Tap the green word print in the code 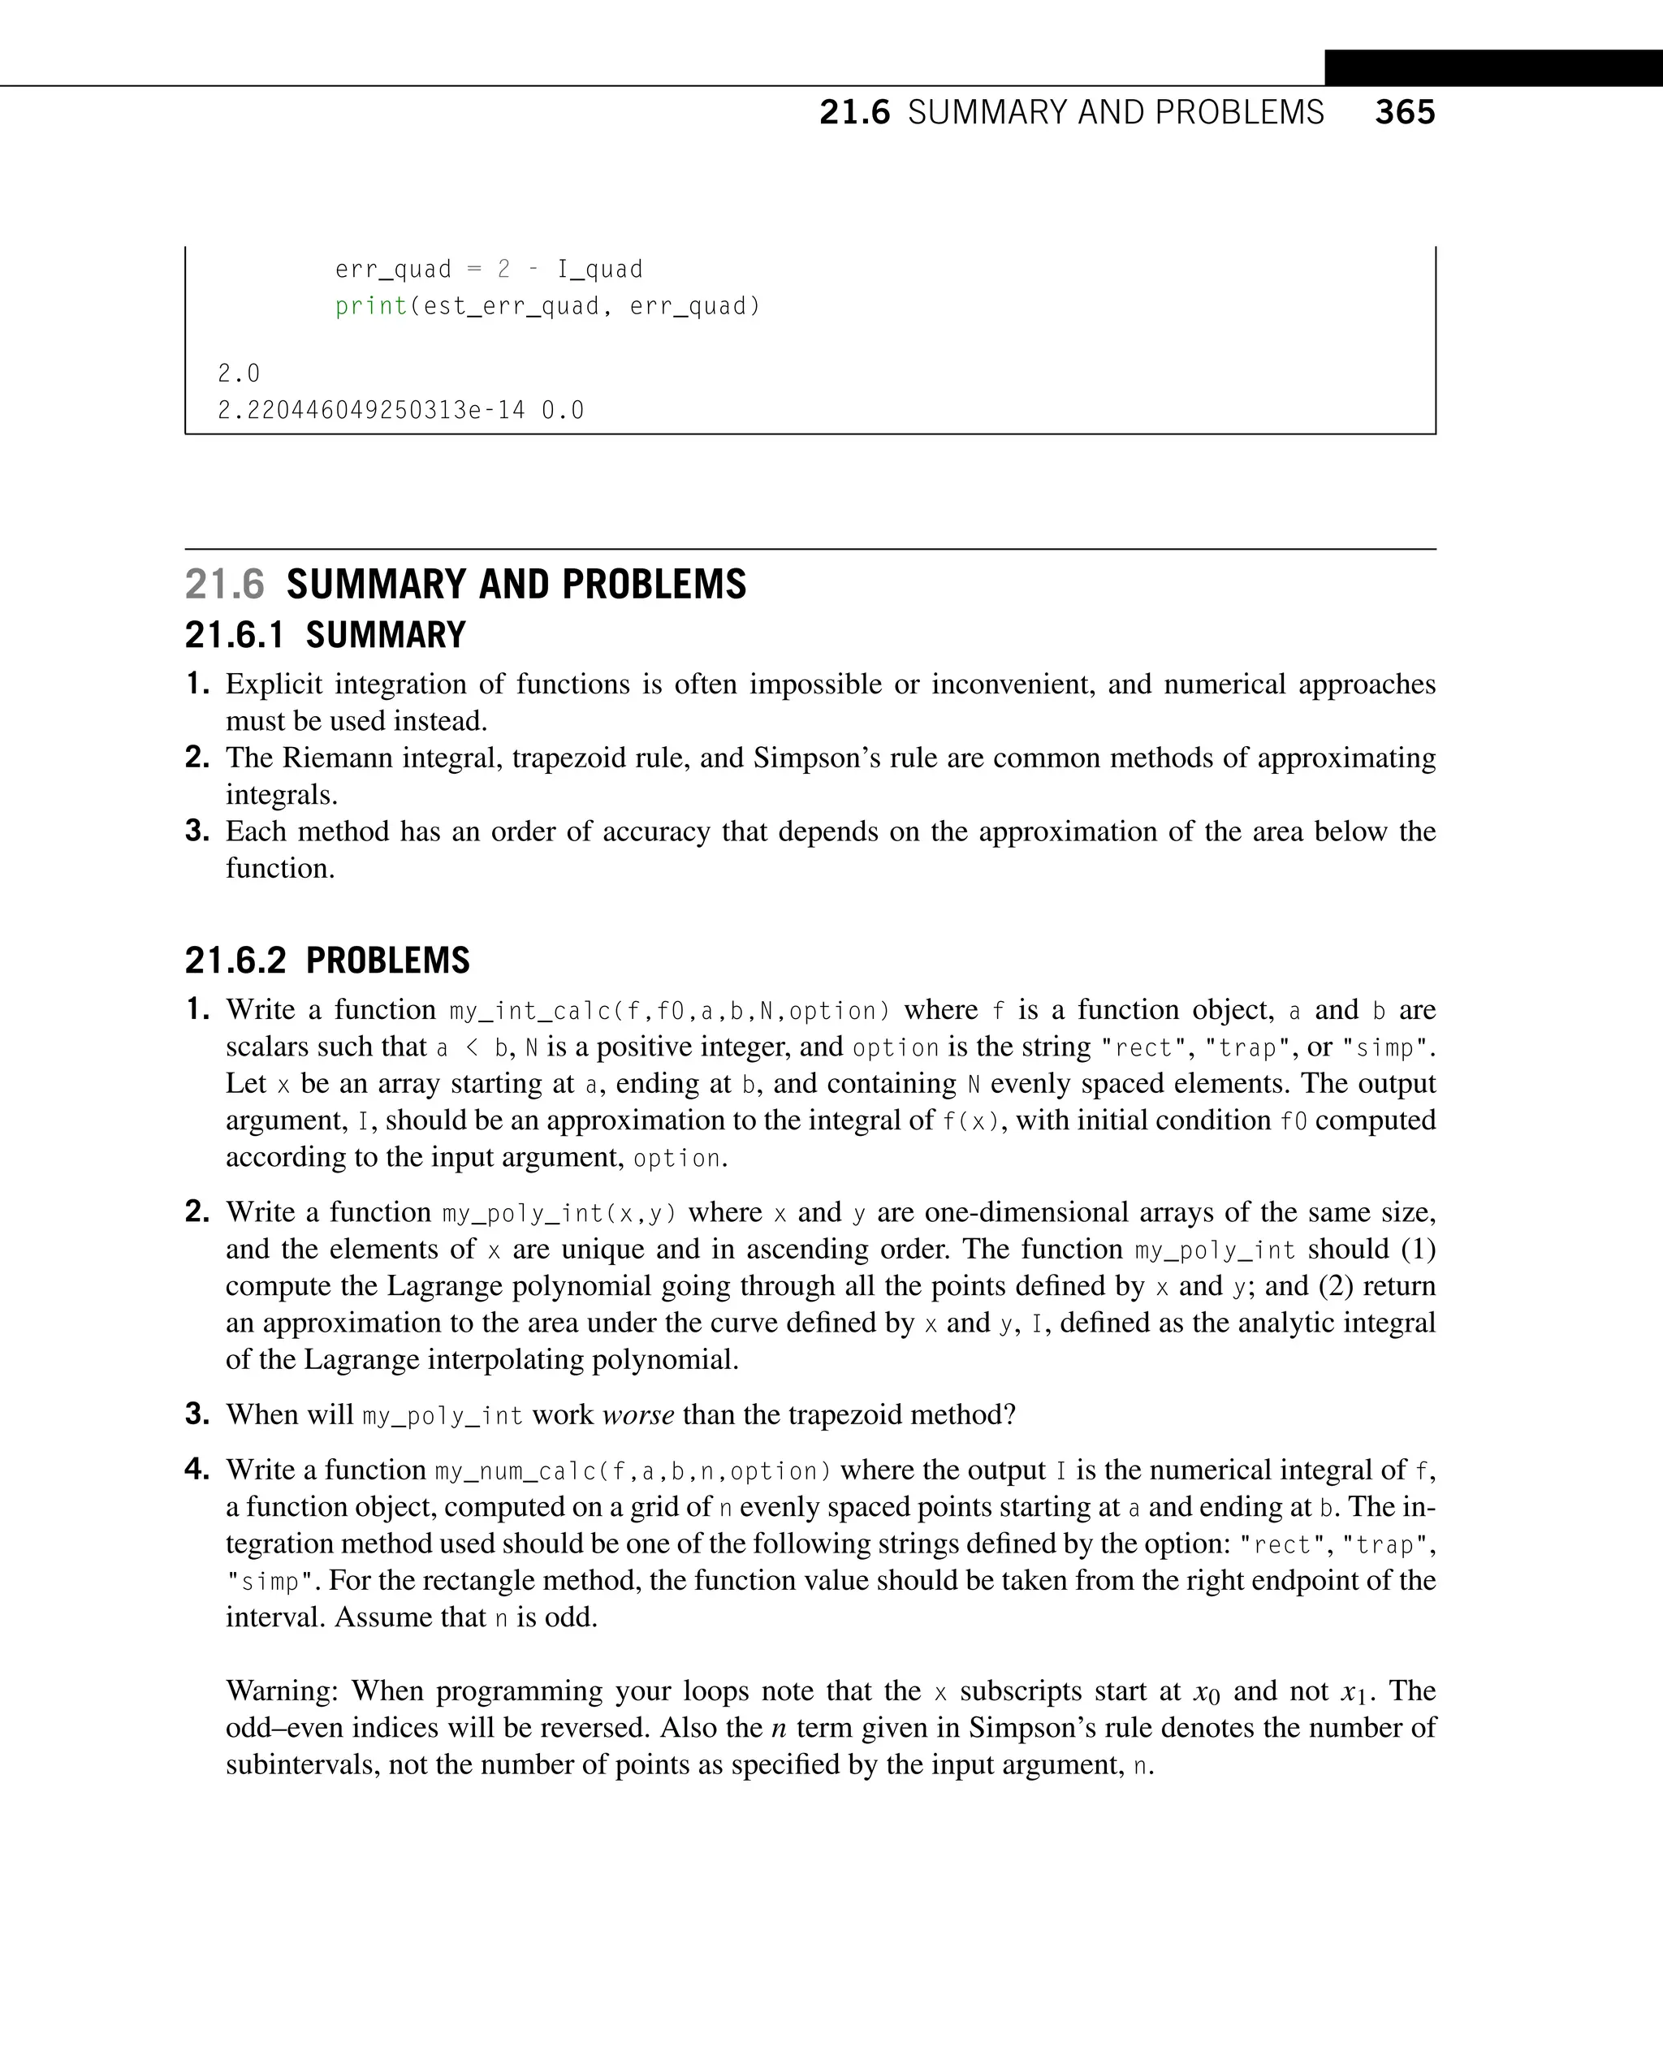(372, 307)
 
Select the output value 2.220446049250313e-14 (372, 411)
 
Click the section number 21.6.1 (234, 635)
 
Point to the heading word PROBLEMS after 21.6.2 (388, 961)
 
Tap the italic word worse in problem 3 (638, 1415)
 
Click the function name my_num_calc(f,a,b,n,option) (633, 1470)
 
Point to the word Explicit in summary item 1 (274, 684)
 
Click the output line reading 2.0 (239, 373)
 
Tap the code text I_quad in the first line (600, 270)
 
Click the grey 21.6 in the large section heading (224, 585)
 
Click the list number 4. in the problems (197, 1469)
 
